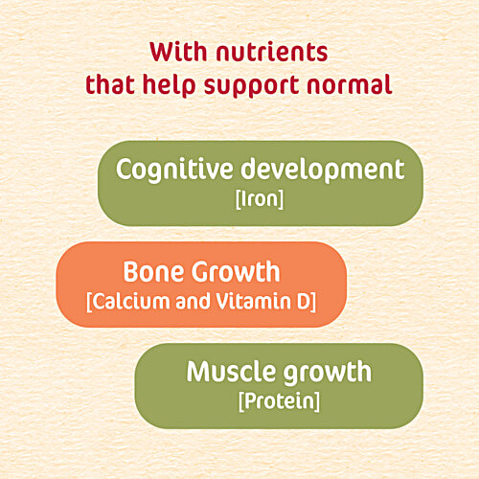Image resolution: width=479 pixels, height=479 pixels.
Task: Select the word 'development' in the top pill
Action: pyautogui.click(x=324, y=171)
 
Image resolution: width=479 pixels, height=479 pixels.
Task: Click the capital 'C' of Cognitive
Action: pyautogui.click(x=125, y=170)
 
